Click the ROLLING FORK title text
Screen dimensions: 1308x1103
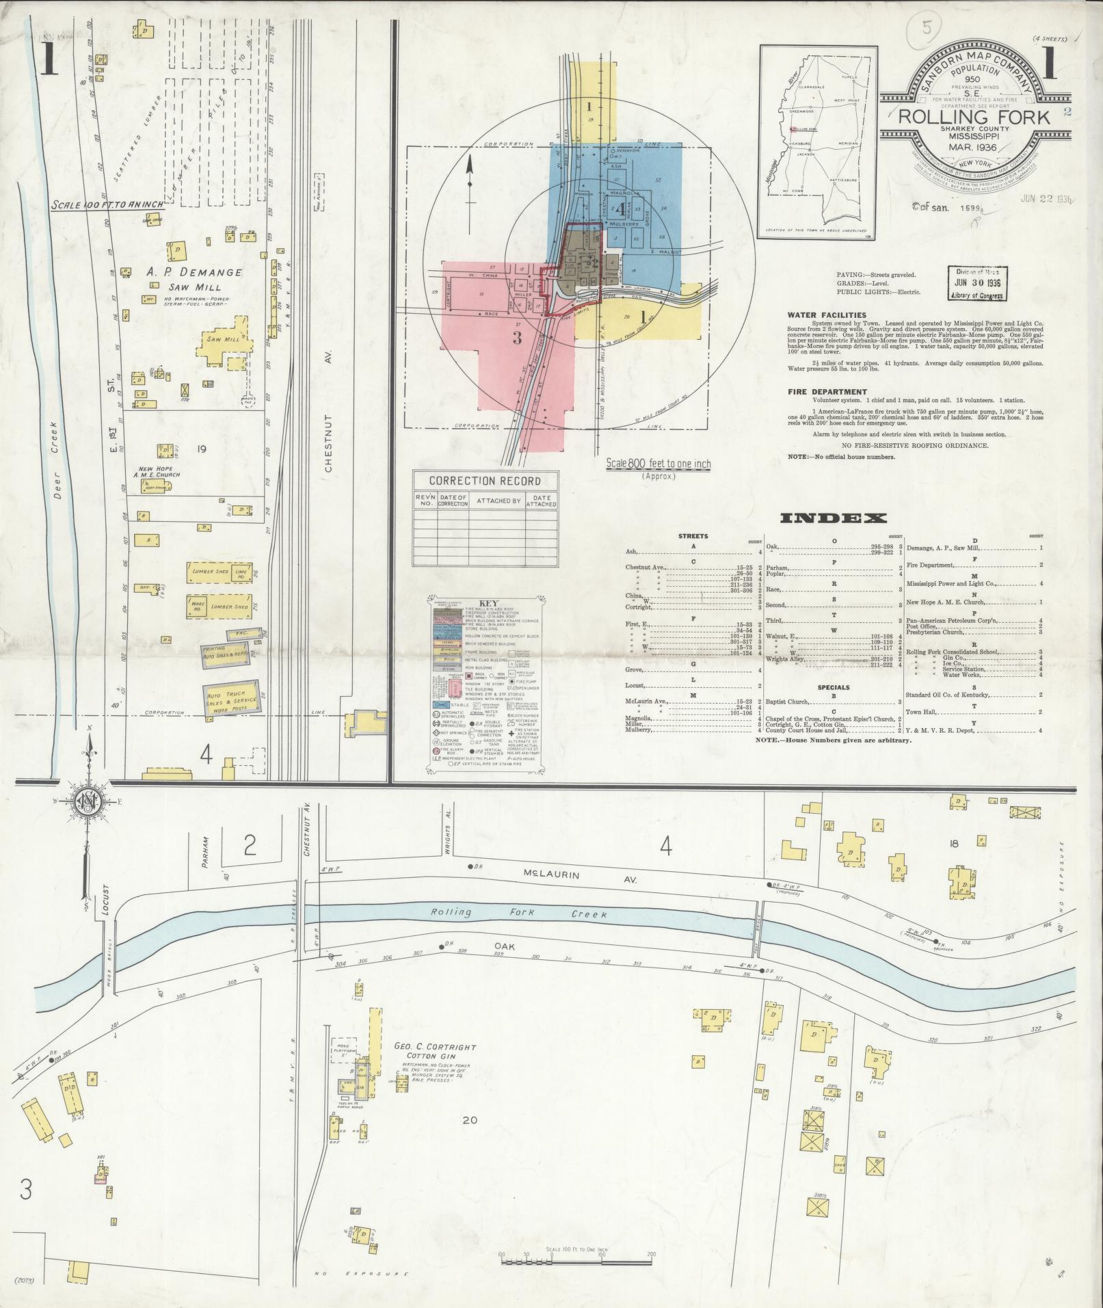974,117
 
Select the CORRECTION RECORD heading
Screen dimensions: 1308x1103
485,481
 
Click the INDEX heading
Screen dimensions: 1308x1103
833,518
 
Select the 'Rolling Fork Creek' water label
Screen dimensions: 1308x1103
520,913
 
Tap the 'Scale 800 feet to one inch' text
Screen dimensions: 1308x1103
658,464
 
